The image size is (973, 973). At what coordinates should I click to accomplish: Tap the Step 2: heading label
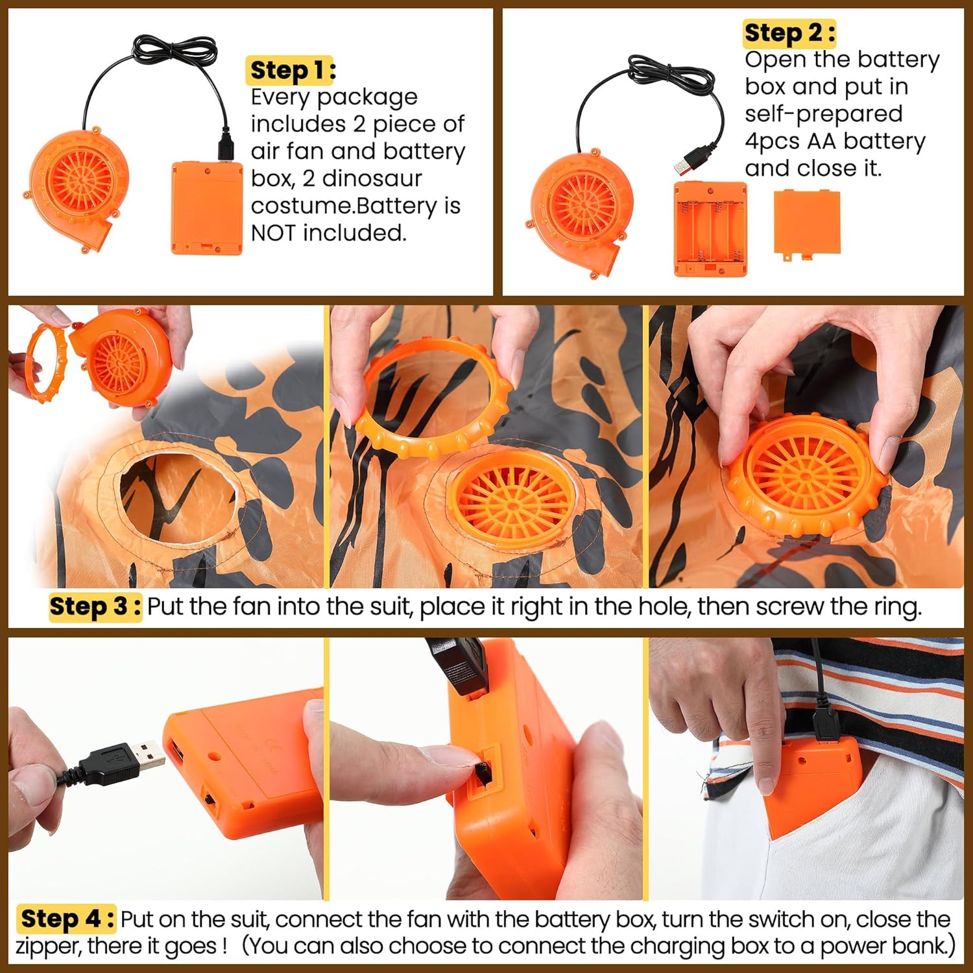click(789, 32)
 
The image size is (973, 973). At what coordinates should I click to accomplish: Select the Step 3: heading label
click(95, 607)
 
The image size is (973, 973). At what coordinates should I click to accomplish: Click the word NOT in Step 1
click(273, 233)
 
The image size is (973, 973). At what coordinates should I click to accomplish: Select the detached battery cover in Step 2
click(807, 224)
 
